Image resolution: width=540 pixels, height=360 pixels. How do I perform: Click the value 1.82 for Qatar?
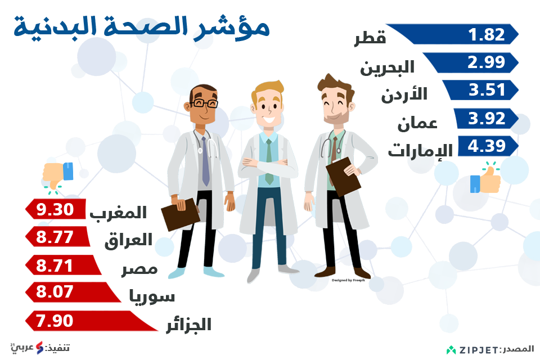[x=486, y=34]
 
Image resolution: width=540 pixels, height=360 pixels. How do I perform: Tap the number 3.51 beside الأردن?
[x=487, y=90]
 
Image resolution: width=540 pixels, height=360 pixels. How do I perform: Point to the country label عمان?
[x=417, y=123]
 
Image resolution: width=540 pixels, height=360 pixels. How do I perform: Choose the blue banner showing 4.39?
[x=488, y=146]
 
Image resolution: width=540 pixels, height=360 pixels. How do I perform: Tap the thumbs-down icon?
[x=57, y=175]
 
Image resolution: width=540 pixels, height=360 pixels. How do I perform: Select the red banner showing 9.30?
[x=56, y=209]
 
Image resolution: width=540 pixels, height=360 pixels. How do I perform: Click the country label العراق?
[x=128, y=240]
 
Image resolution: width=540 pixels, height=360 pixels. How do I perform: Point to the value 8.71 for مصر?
[x=55, y=265]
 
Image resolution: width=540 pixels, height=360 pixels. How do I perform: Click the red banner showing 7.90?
[x=92, y=321]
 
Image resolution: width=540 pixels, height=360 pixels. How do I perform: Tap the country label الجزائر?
[x=189, y=325]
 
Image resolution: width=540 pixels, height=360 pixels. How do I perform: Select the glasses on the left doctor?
[x=204, y=103]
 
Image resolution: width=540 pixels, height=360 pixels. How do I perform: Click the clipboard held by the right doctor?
[x=343, y=177]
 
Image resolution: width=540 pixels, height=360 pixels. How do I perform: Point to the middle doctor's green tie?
[x=269, y=161]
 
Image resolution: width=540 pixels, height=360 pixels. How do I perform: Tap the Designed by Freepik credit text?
[x=348, y=281]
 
